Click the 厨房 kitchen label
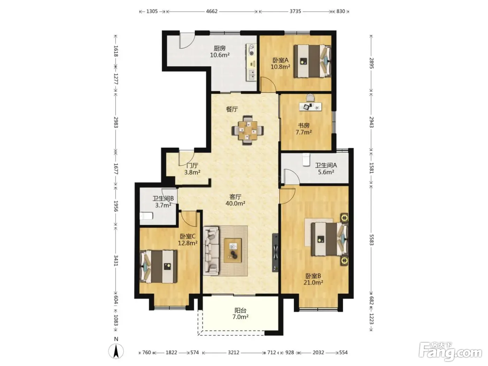(220, 48)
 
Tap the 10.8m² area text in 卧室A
(280, 67)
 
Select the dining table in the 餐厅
(247, 130)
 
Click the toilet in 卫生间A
(306, 159)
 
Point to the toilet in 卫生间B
(146, 215)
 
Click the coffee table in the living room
(232, 250)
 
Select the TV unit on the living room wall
(275, 252)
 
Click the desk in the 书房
(310, 106)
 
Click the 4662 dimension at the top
(212, 12)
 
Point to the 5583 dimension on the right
(371, 240)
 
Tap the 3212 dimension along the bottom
(234, 352)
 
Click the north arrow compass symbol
(116, 351)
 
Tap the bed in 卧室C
(159, 266)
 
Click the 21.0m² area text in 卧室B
(313, 282)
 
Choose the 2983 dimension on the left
(116, 122)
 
